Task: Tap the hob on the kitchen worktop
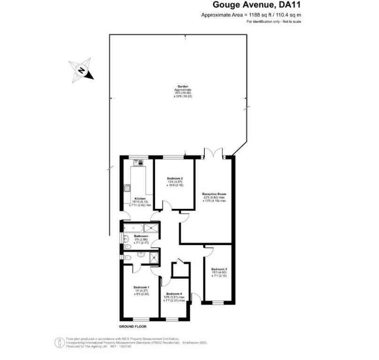point(127,188)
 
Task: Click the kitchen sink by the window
point(139,162)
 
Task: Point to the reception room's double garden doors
point(213,153)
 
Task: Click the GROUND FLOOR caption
point(133,326)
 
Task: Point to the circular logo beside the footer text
point(60,343)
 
